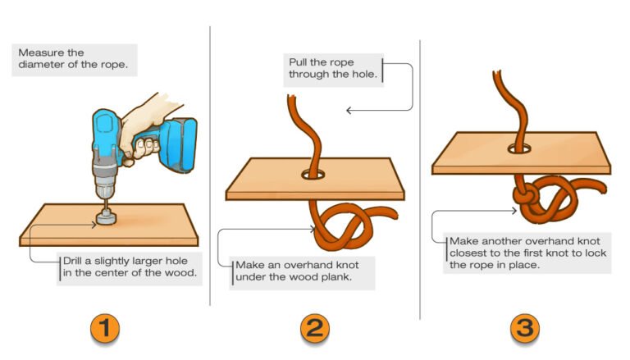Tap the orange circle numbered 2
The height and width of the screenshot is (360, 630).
click(x=315, y=328)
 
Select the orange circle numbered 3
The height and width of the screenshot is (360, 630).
click(x=526, y=328)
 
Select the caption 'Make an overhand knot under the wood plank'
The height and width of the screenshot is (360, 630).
click(x=303, y=272)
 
